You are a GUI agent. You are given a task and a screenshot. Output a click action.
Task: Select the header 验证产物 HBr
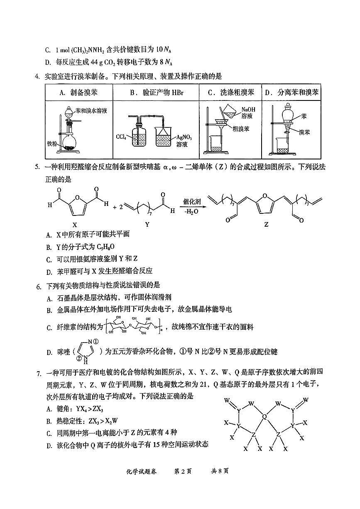coord(156,93)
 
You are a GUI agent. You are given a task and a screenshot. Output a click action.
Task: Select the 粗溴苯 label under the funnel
coord(240,129)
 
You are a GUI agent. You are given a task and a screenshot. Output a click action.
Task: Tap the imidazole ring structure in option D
coord(86,351)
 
